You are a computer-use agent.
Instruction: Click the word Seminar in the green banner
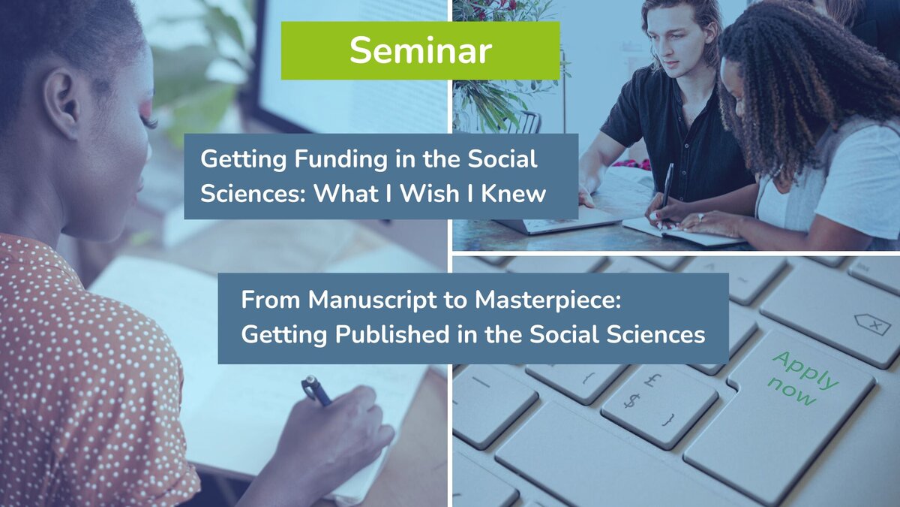click(421, 50)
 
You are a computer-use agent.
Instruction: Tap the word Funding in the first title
click(340, 160)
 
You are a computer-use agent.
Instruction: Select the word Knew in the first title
click(514, 194)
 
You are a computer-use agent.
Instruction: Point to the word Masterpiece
click(547, 300)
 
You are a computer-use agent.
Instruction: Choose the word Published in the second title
click(392, 335)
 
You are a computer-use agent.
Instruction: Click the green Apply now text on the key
click(802, 379)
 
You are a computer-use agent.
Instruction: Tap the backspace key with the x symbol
click(873, 324)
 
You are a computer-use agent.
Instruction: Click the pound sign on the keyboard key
click(653, 380)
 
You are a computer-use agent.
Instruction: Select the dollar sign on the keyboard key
click(632, 401)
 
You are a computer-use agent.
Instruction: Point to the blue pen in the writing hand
click(316, 391)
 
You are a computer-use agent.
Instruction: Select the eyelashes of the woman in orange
click(149, 122)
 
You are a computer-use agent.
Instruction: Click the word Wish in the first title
click(430, 194)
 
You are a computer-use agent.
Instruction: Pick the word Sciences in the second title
click(656, 335)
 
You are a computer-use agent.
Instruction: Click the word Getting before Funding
click(244, 160)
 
